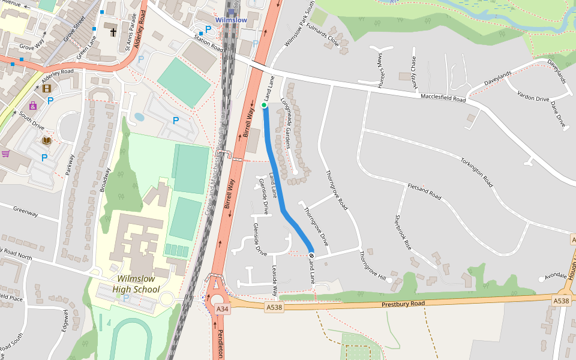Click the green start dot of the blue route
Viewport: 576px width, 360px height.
pyautogui.click(x=264, y=106)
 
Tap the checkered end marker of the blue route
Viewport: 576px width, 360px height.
pyautogui.click(x=311, y=255)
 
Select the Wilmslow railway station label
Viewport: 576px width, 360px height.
pyautogui.click(x=231, y=20)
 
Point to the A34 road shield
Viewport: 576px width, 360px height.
pyautogui.click(x=223, y=309)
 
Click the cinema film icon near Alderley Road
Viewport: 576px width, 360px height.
pyautogui.click(x=47, y=89)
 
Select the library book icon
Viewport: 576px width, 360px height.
pyautogui.click(x=47, y=140)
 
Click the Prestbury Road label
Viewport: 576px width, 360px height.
pyautogui.click(x=403, y=304)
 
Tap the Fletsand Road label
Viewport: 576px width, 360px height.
pyautogui.click(x=424, y=192)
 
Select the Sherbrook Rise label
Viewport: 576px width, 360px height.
pyautogui.click(x=403, y=232)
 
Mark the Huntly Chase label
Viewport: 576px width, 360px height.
pyautogui.click(x=413, y=73)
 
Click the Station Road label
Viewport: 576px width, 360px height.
pyautogui.click(x=208, y=43)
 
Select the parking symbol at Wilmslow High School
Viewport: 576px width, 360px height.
pyautogui.click(x=125, y=298)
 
